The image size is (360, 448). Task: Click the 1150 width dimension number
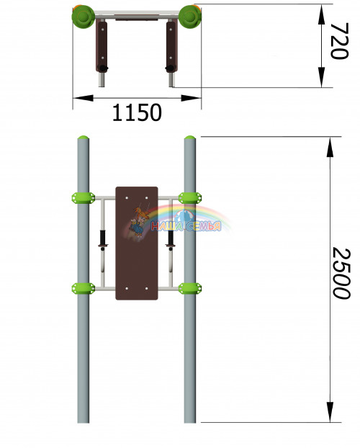coord(137,112)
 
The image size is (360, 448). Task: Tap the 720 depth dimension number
coord(339,41)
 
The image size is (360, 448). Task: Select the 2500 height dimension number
coord(341,274)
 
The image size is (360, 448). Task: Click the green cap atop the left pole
coord(83,138)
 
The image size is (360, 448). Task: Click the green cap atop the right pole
coord(189,138)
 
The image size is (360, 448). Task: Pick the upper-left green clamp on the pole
coord(83,198)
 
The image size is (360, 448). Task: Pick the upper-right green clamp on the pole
coord(190,198)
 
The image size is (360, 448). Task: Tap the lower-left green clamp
coord(83,288)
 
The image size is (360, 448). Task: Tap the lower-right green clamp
coord(190,288)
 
